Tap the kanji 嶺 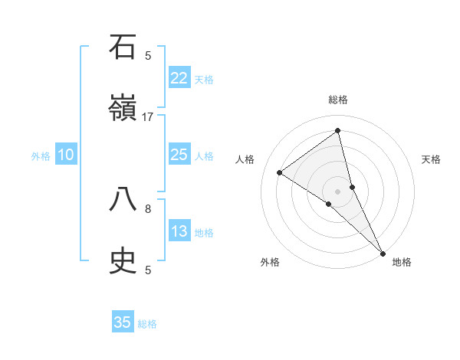click(x=123, y=110)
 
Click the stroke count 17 click(x=148, y=117)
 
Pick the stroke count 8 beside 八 click(x=148, y=208)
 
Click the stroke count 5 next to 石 click(x=148, y=55)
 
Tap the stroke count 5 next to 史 click(x=148, y=270)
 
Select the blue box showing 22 click(x=179, y=78)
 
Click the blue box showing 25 click(x=179, y=155)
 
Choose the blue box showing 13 click(x=179, y=231)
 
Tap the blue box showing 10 click(x=66, y=155)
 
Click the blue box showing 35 click(x=123, y=322)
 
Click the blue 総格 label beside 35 click(x=147, y=324)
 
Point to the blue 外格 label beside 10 click(x=41, y=156)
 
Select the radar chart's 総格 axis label click(x=338, y=100)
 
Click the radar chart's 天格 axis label click(x=432, y=159)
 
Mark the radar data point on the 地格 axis click(x=383, y=252)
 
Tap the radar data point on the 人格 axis click(x=280, y=172)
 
